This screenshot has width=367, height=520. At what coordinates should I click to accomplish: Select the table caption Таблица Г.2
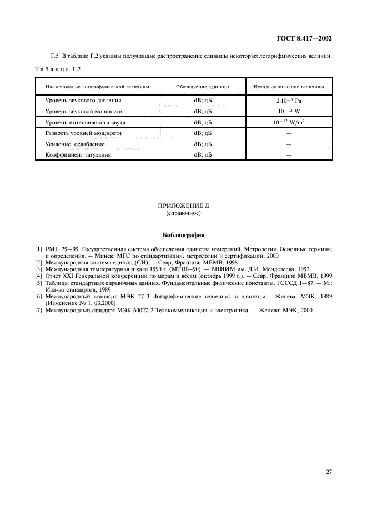coord(57,69)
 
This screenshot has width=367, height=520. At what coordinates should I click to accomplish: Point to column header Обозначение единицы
coord(203,87)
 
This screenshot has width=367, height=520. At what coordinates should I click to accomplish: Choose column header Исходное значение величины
coord(289,87)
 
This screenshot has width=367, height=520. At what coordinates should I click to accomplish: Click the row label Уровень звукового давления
coord(83,101)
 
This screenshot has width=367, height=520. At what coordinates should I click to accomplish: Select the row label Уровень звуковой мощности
coord(83,112)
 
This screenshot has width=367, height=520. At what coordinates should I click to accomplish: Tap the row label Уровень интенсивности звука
coord(85,122)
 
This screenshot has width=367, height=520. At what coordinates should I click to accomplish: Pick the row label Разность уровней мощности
coord(83,133)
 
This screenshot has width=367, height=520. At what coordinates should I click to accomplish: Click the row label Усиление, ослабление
coord(75,144)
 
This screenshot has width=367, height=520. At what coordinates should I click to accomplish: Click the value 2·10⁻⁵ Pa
coord(289,101)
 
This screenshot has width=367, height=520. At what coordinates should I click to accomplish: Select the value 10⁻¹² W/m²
coord(289,122)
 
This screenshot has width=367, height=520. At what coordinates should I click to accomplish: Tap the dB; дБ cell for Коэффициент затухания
coord(203,155)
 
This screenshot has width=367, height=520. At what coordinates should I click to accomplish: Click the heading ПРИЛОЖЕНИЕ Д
coord(183,206)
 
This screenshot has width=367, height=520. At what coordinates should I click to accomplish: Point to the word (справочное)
coord(183,213)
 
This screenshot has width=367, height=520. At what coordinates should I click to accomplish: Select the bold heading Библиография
coord(183,235)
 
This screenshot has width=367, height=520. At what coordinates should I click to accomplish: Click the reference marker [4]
coord(39,276)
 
